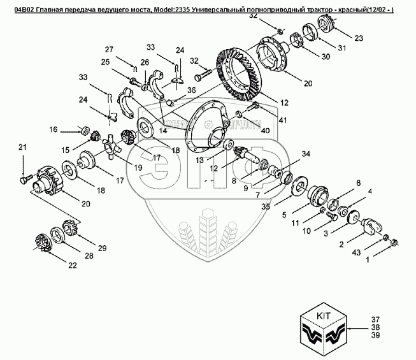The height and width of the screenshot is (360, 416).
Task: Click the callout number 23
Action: click(x=359, y=38)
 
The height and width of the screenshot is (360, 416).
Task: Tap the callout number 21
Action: click(x=23, y=148)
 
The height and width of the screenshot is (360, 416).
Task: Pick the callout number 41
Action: click(x=283, y=119)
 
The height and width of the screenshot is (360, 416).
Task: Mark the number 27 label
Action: click(x=108, y=50)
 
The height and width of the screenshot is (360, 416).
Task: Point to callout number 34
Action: click(x=306, y=154)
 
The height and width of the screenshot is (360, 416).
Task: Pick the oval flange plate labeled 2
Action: click(x=369, y=227)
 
